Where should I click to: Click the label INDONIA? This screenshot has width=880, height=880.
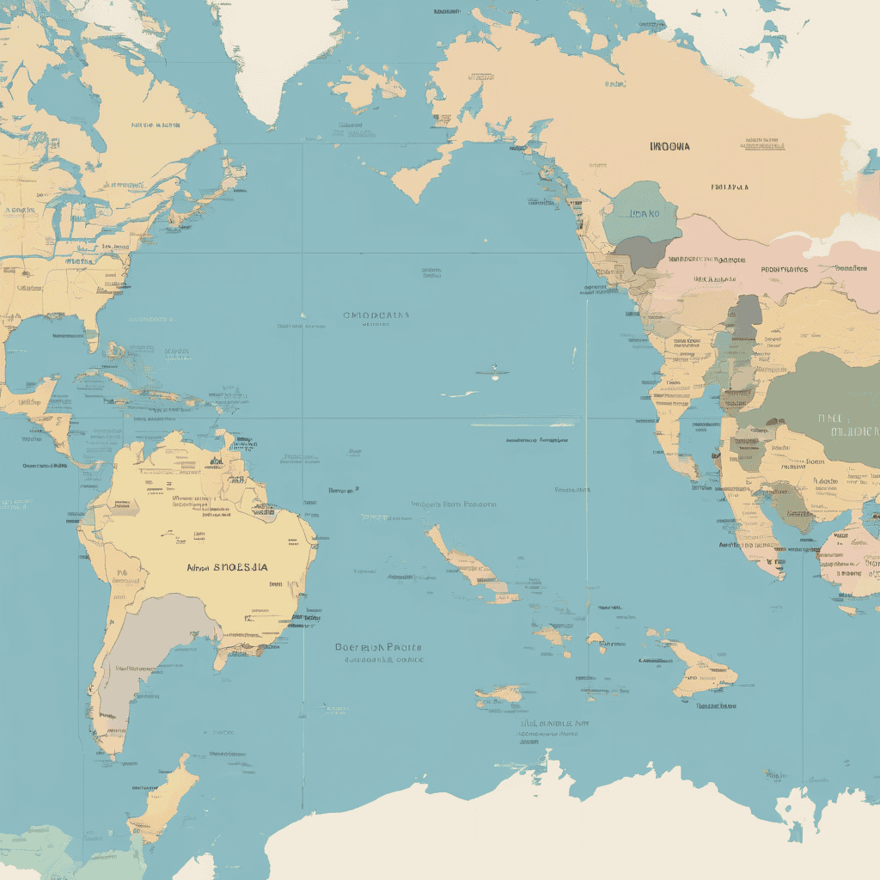tap(670, 146)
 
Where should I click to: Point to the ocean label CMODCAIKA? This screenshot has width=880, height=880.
tap(376, 315)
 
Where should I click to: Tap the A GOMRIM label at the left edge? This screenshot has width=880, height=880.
tap(19, 209)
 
